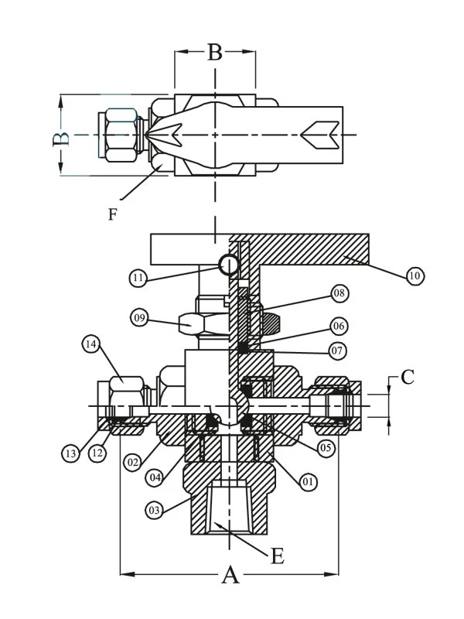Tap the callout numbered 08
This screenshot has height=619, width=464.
(x=340, y=293)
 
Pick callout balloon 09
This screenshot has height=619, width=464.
(x=140, y=316)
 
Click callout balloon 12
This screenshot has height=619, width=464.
(x=96, y=453)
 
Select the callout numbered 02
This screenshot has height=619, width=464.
(x=132, y=462)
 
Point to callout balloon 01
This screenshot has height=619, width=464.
(x=308, y=482)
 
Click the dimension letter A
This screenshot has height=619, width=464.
(x=230, y=575)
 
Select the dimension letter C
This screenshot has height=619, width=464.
(x=408, y=378)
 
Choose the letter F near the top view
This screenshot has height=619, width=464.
(x=113, y=214)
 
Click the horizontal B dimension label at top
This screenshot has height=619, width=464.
(x=215, y=53)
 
